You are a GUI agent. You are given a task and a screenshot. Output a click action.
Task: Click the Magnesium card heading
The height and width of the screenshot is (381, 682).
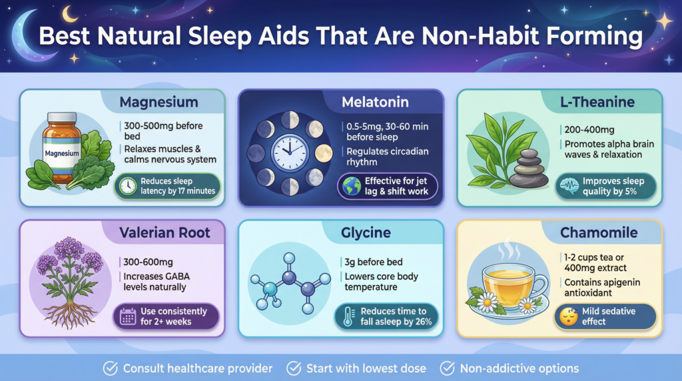click(x=159, y=102)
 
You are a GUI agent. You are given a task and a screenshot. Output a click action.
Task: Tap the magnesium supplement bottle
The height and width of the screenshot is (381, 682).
click(x=62, y=147)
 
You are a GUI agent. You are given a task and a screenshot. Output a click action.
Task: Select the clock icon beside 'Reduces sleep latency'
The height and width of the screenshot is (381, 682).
click(x=128, y=186)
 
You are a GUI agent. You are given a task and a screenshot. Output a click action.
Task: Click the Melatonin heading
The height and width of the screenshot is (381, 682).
click(x=375, y=102)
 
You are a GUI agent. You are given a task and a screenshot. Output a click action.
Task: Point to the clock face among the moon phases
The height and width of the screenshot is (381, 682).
click(x=290, y=153)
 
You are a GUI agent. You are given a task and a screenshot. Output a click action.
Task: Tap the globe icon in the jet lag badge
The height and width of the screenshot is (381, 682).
click(x=352, y=186)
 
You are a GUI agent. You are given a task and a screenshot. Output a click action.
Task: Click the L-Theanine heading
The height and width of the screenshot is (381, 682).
click(x=597, y=102)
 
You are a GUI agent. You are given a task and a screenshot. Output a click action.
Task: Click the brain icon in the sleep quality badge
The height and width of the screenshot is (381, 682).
click(x=569, y=186)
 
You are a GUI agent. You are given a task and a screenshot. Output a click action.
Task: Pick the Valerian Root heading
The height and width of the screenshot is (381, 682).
click(x=165, y=232)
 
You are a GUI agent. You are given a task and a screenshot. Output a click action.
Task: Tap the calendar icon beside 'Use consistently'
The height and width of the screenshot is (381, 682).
click(x=128, y=316)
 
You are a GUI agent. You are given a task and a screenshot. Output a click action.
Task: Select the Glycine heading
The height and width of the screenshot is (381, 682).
click(x=366, y=232)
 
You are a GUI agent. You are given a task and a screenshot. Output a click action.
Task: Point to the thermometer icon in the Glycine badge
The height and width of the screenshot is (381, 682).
click(x=348, y=316)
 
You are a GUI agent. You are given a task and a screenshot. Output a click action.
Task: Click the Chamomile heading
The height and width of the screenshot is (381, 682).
click(x=599, y=232)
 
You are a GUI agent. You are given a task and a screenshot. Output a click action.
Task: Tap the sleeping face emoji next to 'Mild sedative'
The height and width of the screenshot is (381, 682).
click(x=569, y=316)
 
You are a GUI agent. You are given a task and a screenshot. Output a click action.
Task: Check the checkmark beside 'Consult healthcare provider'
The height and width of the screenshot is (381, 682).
click(x=110, y=368)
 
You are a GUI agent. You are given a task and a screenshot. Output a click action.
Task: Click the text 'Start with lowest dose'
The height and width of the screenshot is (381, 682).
click(x=366, y=368)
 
